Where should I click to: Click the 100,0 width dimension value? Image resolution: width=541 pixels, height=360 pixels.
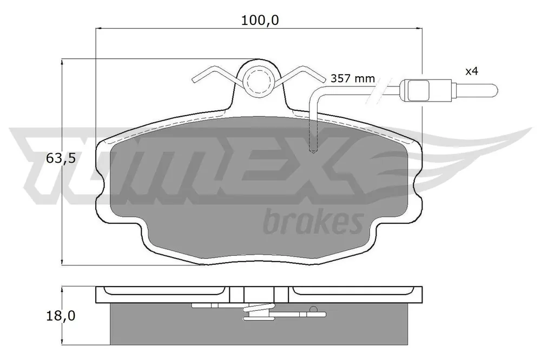[260, 21]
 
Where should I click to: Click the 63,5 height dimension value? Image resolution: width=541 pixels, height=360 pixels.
[61, 158]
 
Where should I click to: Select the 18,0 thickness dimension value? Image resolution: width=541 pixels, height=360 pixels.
[61, 316]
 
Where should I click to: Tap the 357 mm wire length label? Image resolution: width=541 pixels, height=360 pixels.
[353, 78]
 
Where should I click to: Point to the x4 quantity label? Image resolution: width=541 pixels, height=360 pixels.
[472, 72]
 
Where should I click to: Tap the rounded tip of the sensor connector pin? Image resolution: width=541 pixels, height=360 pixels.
[496, 91]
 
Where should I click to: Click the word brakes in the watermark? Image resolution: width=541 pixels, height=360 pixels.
[313, 222]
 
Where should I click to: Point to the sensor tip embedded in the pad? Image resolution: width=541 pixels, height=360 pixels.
[313, 150]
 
